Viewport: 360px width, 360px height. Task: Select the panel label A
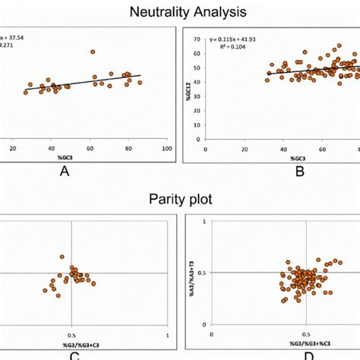65,172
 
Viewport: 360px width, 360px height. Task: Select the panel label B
300,172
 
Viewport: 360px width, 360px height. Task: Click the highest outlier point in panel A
93,52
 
